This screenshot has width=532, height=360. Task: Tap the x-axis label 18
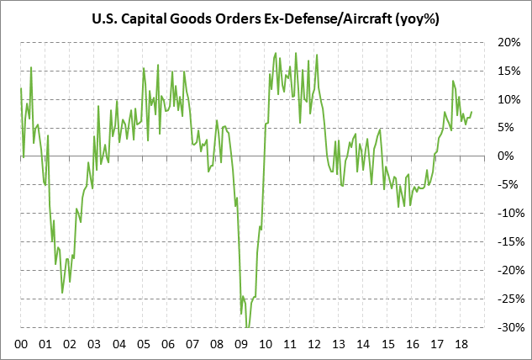coord(461,344)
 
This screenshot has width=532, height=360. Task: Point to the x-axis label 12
coord(314,344)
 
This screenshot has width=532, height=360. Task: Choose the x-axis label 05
coord(144,344)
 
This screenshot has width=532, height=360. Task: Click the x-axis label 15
coord(387,344)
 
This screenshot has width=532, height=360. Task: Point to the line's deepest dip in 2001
coord(62,293)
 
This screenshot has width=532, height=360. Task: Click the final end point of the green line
coord(472,112)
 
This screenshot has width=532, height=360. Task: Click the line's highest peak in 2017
coord(453,82)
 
